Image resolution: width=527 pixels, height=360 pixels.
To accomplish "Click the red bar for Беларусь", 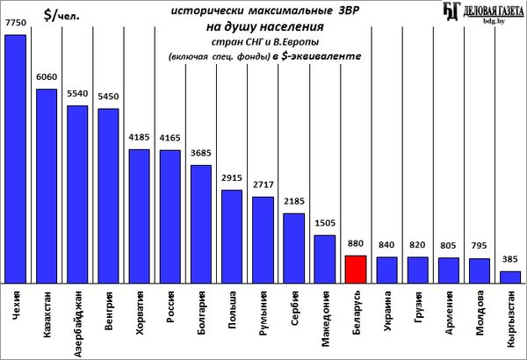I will coord(355,269).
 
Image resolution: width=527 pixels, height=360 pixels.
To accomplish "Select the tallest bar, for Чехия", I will coord(15,158).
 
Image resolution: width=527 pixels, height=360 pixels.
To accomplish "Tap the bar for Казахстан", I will coord(47,185).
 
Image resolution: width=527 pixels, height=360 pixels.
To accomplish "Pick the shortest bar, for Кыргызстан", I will coord(509,277).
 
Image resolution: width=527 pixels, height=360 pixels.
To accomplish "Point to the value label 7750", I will coord(16,26).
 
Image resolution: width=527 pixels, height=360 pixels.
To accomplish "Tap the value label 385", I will coord(509,262).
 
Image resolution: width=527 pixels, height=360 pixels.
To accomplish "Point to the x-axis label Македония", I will coord(324,318).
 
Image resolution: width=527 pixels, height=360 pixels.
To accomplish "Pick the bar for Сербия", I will coord(293,248).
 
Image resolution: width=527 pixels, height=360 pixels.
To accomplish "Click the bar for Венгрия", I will coord(108,195).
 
